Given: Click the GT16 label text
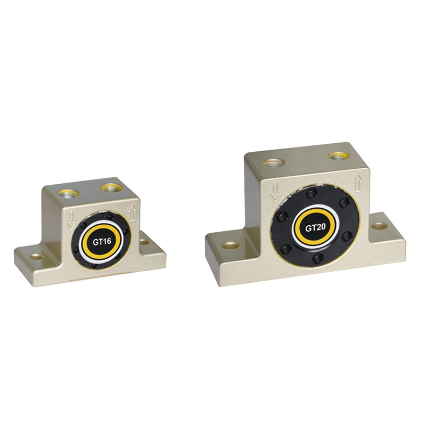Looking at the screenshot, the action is pyautogui.click(x=102, y=242).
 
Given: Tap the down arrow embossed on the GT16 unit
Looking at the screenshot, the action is pyautogui.click(x=71, y=220).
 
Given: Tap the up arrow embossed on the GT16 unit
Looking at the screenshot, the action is pyautogui.click(x=133, y=212).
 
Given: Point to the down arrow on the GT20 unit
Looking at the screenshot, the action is pyautogui.click(x=276, y=191).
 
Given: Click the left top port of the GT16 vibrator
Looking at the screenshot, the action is pyautogui.click(x=69, y=193).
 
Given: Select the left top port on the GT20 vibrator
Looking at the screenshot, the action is pyautogui.click(x=274, y=163).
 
